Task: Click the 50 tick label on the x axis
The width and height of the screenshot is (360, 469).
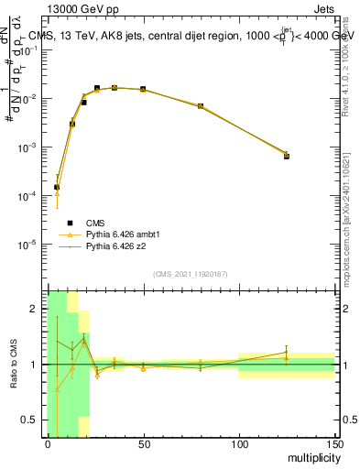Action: click(x=144, y=443)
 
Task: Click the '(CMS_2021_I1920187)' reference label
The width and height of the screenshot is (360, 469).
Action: click(x=191, y=275)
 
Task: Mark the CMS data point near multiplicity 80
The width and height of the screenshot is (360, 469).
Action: click(x=201, y=106)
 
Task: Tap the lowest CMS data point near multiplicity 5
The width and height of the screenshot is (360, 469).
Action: click(x=57, y=187)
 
